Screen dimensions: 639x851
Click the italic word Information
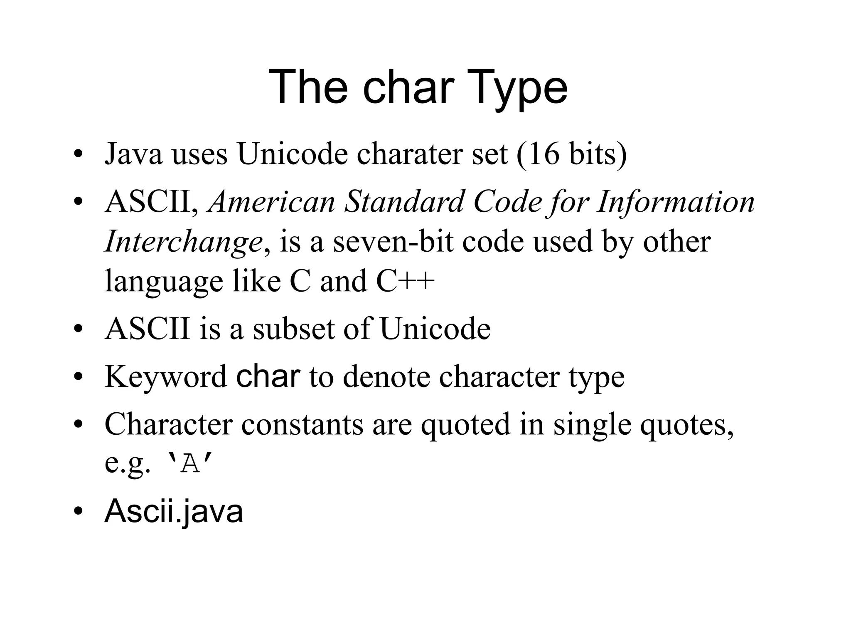point(676,202)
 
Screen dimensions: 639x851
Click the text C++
point(405,281)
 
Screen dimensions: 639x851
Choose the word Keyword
point(166,377)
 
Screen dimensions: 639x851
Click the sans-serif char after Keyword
point(268,376)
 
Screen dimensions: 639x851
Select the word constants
point(302,424)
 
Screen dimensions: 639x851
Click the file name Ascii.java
point(174,512)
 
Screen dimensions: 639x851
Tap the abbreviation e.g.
point(127,463)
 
